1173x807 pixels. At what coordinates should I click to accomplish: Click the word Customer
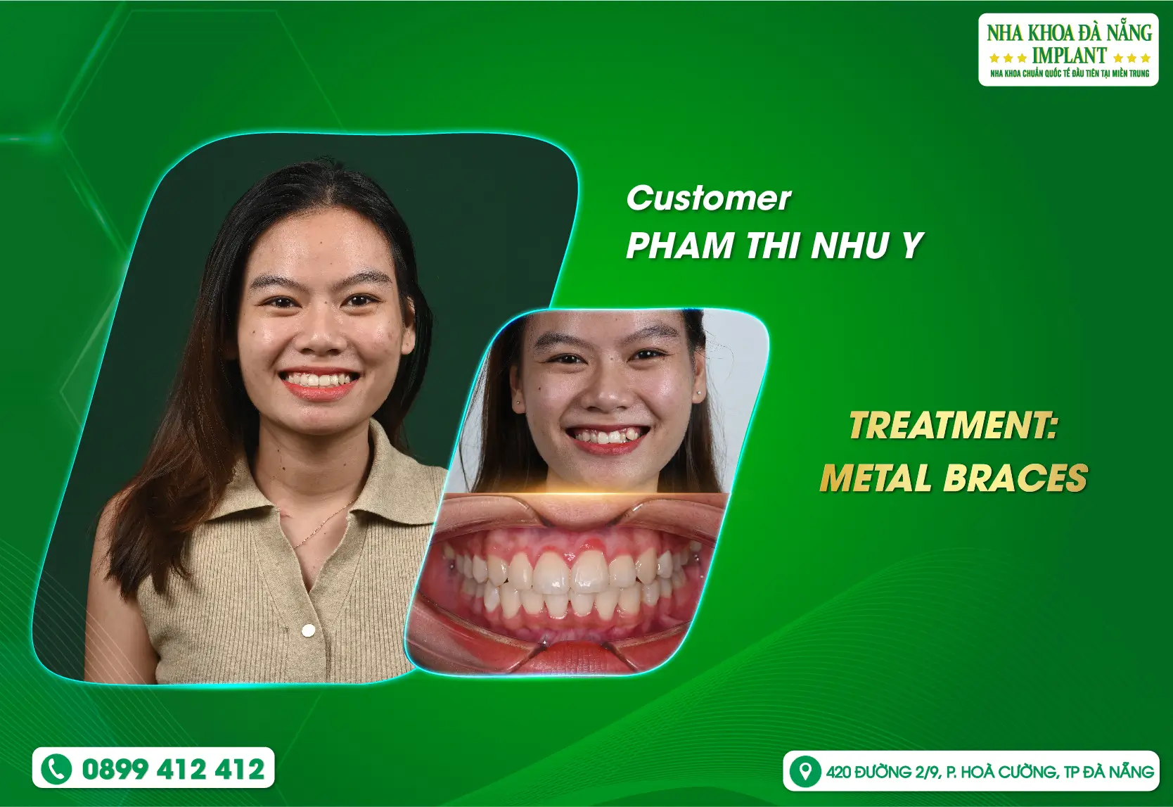click(709, 198)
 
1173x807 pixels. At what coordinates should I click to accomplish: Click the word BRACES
click(1015, 477)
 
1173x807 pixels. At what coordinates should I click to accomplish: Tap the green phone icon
click(56, 769)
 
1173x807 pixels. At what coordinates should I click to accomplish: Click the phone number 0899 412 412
click(173, 769)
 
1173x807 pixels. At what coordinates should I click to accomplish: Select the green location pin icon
click(805, 771)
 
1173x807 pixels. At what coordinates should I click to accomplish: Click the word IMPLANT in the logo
click(1069, 55)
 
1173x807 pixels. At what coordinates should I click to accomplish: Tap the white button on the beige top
click(308, 630)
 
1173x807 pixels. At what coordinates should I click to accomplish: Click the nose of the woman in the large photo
click(321, 337)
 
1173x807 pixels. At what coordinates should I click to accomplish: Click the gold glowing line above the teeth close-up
click(582, 493)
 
